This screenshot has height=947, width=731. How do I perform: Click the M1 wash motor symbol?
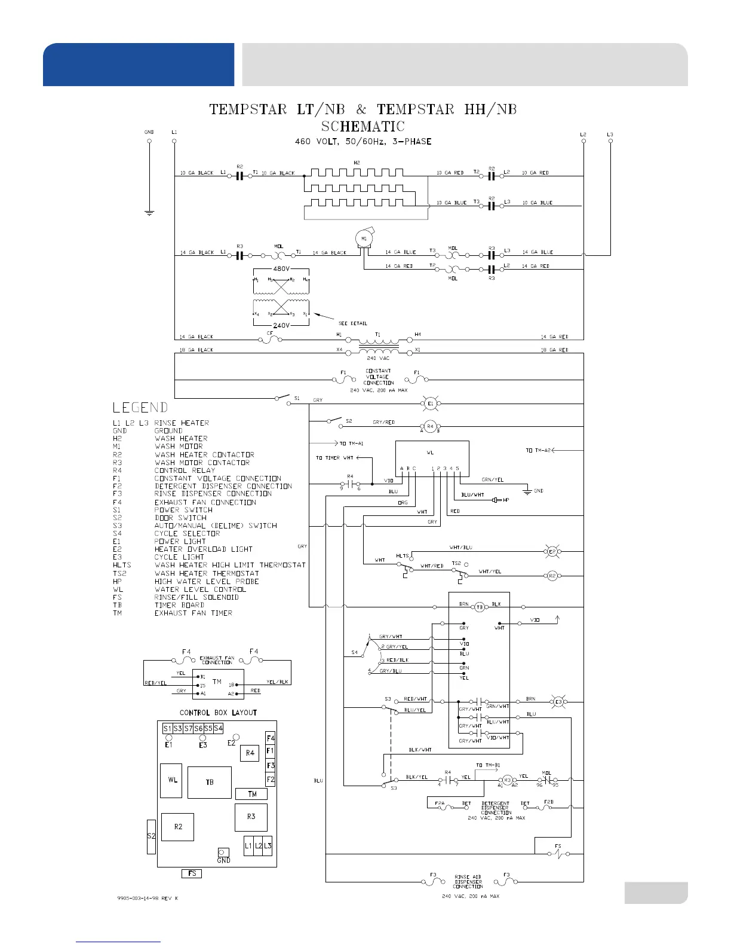tap(364, 239)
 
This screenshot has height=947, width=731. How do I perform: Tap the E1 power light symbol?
tap(430, 404)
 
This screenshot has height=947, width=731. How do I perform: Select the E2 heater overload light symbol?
tap(552, 551)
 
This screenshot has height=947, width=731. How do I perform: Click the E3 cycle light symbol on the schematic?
tap(559, 702)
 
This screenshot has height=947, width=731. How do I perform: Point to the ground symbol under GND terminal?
tap(149, 212)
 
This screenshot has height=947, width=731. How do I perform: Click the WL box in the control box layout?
tap(172, 780)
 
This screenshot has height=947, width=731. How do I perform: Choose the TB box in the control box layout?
tap(209, 782)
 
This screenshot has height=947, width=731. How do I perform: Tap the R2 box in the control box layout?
tap(177, 827)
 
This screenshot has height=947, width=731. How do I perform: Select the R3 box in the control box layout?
tap(251, 817)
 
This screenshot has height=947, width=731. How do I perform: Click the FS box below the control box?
tap(192, 873)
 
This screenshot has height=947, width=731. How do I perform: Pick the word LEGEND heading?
tap(140, 408)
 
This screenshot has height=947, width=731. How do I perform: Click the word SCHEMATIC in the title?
tap(363, 127)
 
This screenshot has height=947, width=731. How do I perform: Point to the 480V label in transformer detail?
tap(281, 269)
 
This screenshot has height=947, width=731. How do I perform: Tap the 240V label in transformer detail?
tap(281, 326)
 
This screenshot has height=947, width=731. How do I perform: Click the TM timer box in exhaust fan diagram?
tap(218, 682)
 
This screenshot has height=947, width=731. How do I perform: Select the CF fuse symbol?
tap(270, 339)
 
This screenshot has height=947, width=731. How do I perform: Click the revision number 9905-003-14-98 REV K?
tap(147, 899)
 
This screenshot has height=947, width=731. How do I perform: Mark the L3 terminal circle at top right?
tap(610, 141)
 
